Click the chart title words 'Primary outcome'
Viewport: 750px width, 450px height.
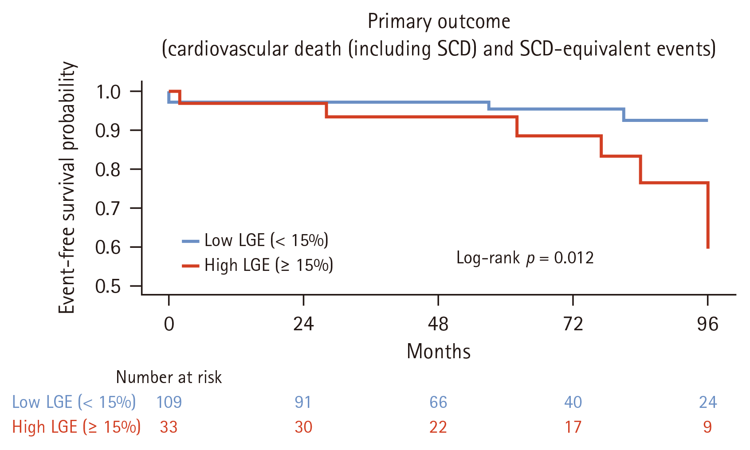click(x=439, y=22)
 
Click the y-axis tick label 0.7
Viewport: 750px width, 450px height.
click(x=108, y=208)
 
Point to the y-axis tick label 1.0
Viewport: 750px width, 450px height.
click(x=108, y=92)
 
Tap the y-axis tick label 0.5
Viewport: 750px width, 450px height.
click(x=108, y=286)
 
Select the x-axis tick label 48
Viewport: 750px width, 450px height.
click(x=438, y=324)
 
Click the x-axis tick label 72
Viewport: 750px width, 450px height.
click(x=573, y=324)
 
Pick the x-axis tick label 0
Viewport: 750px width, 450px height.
click(x=169, y=324)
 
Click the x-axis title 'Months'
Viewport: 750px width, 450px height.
click(x=439, y=351)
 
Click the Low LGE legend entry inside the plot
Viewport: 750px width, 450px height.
click(x=255, y=240)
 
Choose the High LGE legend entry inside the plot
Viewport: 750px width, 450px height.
click(x=258, y=265)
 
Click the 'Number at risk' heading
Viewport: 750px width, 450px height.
click(x=169, y=377)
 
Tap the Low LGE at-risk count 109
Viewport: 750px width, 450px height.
click(x=169, y=402)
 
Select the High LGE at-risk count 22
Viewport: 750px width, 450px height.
click(x=438, y=427)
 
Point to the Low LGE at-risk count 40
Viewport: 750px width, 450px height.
click(x=573, y=402)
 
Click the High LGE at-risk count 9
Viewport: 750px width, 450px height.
click(x=707, y=427)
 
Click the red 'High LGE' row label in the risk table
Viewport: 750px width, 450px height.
click(x=76, y=427)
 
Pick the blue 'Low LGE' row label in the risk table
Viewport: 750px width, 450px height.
click(x=74, y=402)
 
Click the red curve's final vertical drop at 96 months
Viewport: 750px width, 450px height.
click(x=708, y=215)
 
